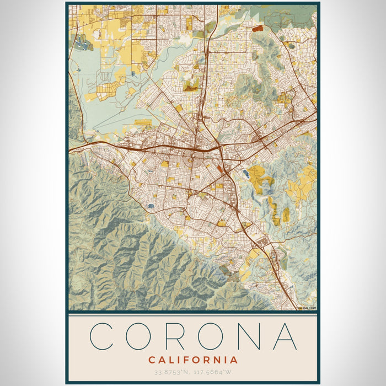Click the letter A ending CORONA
[x=285, y=336]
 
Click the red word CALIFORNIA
[x=193, y=360]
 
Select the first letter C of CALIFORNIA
[x=151, y=360]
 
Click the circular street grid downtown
[x=192, y=160]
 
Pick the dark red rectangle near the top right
[x=258, y=27]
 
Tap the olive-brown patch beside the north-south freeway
[x=191, y=85]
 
